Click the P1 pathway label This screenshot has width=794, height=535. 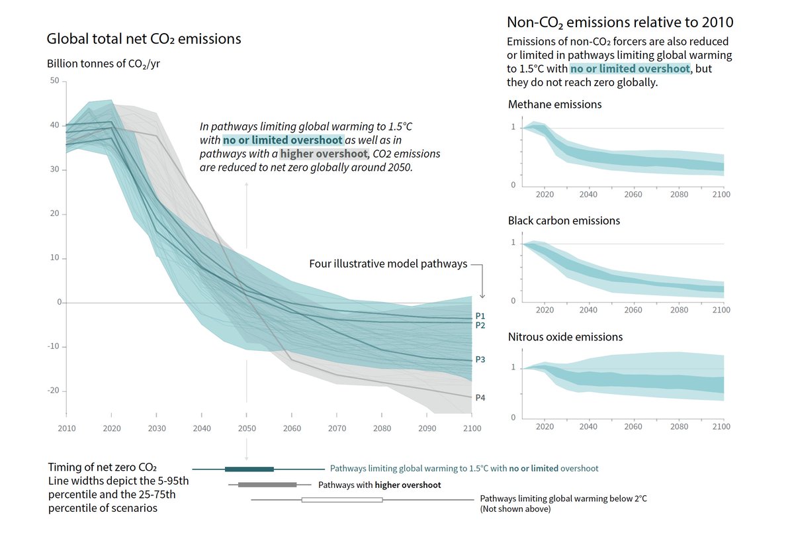[480, 316]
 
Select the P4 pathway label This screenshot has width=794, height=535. [480, 397]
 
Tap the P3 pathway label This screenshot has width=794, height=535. [480, 360]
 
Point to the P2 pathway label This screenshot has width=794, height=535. [480, 325]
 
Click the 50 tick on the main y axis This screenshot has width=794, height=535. [54, 81]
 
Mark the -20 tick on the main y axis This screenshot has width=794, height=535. [53, 391]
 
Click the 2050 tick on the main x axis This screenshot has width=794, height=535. [246, 428]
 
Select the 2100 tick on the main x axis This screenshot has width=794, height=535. [471, 428]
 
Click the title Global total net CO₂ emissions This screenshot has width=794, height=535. [144, 39]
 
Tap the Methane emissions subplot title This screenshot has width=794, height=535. [554, 105]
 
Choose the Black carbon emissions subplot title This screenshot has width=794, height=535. [564, 220]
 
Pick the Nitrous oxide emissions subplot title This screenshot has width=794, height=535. [565, 337]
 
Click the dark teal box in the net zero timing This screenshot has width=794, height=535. [249, 469]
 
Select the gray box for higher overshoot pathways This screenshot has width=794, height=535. [267, 485]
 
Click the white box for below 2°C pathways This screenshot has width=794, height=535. [342, 500]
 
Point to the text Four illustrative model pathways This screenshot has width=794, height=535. [388, 264]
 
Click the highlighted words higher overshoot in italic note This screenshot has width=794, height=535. [324, 154]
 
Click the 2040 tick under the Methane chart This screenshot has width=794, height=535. [588, 195]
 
